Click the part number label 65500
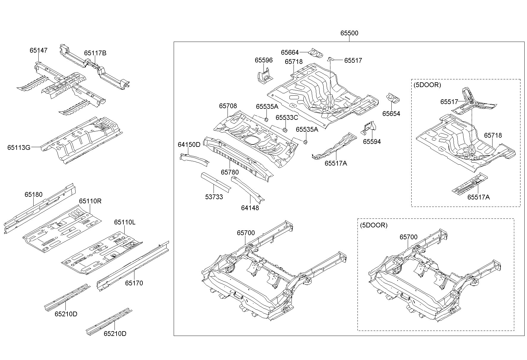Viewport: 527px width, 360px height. click(349, 33)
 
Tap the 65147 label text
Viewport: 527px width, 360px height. click(38, 50)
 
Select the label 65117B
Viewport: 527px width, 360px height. click(95, 53)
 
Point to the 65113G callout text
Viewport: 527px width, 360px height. click(19, 147)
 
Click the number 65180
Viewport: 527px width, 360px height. click(33, 194)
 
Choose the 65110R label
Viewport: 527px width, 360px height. click(90, 201)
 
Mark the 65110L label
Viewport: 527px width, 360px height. click(125, 222)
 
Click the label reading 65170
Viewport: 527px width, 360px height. click(134, 283)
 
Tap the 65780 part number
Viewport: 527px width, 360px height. click(230, 172)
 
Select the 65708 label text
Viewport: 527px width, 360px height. click(228, 106)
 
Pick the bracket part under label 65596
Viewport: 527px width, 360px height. click(265, 76)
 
